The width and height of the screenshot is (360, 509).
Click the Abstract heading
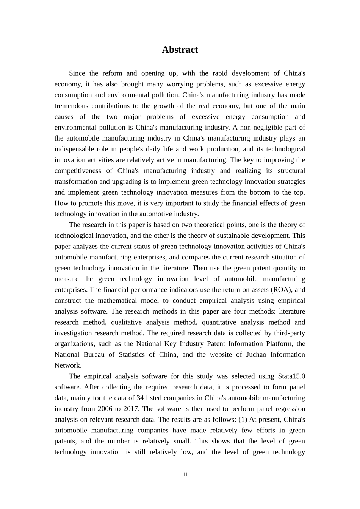click(x=180, y=50)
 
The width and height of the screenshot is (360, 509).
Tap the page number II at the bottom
click(x=185, y=475)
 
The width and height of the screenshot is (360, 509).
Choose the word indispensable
click(x=76, y=149)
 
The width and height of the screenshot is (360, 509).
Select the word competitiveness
click(x=78, y=171)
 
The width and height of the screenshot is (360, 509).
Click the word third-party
click(x=288, y=333)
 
